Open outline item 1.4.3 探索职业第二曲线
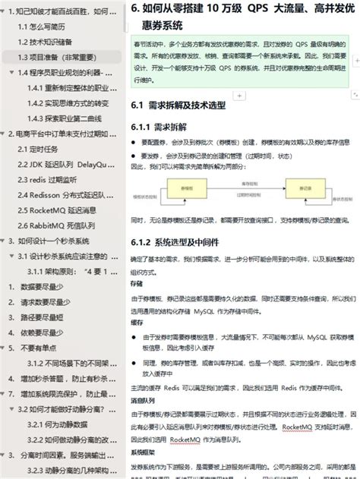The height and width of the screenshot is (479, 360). coord(69,118)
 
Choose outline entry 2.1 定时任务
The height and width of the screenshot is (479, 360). coord(43,149)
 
